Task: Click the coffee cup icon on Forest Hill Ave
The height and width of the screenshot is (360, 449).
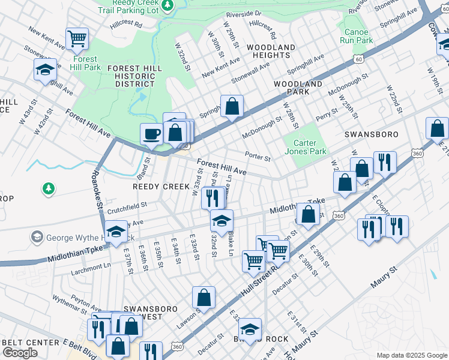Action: point(152,133)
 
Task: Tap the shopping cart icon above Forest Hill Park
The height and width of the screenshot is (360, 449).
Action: point(77,39)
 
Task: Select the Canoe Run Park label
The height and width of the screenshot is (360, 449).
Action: point(355,36)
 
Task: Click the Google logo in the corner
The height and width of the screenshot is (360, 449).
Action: point(19,353)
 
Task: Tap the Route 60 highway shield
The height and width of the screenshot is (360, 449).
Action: point(358,59)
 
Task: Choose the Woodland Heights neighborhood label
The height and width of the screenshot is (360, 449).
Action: point(270,51)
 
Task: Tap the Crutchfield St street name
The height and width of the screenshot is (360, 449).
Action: point(128,205)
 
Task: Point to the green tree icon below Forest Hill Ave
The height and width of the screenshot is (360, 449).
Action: point(47,189)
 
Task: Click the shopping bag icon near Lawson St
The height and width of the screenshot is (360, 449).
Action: point(203,297)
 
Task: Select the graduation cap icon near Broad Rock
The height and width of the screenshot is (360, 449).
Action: point(250,329)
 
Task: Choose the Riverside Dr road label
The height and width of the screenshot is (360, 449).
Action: point(244,13)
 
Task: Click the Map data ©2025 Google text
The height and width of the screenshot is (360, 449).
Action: point(412,355)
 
